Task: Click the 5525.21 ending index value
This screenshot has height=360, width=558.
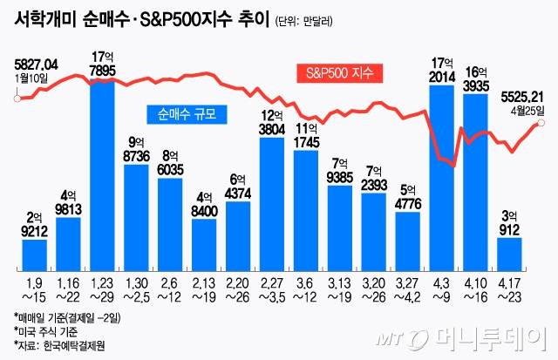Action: coord(521,96)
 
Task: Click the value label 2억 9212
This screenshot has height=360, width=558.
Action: coord(34,226)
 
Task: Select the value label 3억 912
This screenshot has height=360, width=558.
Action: coord(509,223)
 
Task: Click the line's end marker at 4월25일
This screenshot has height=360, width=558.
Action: coord(541,123)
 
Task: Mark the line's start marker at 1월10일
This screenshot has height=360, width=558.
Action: coord(17,98)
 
